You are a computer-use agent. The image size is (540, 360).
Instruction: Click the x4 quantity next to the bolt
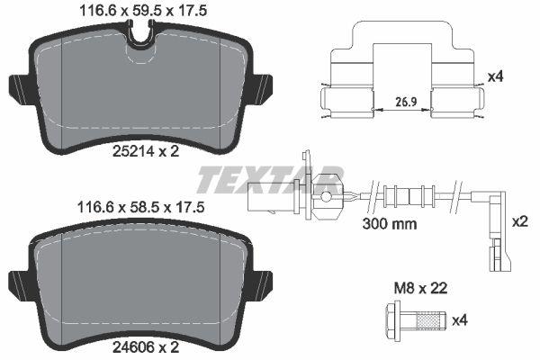[x=459, y=319]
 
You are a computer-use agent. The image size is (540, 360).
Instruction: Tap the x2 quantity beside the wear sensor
[x=518, y=221]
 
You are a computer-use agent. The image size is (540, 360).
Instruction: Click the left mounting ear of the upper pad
[x=19, y=88]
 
